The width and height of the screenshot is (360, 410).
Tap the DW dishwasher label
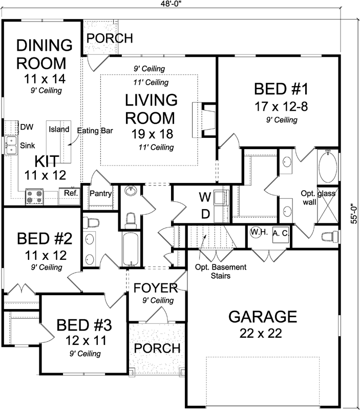pyautogui.click(x=26, y=127)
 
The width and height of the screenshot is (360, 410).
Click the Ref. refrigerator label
pyautogui.click(x=70, y=193)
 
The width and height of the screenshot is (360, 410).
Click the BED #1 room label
pyautogui.click(x=281, y=89)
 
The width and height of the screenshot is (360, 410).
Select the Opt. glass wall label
pyautogui.click(x=317, y=198)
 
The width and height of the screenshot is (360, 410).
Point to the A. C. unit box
pyautogui.click(x=280, y=233)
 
